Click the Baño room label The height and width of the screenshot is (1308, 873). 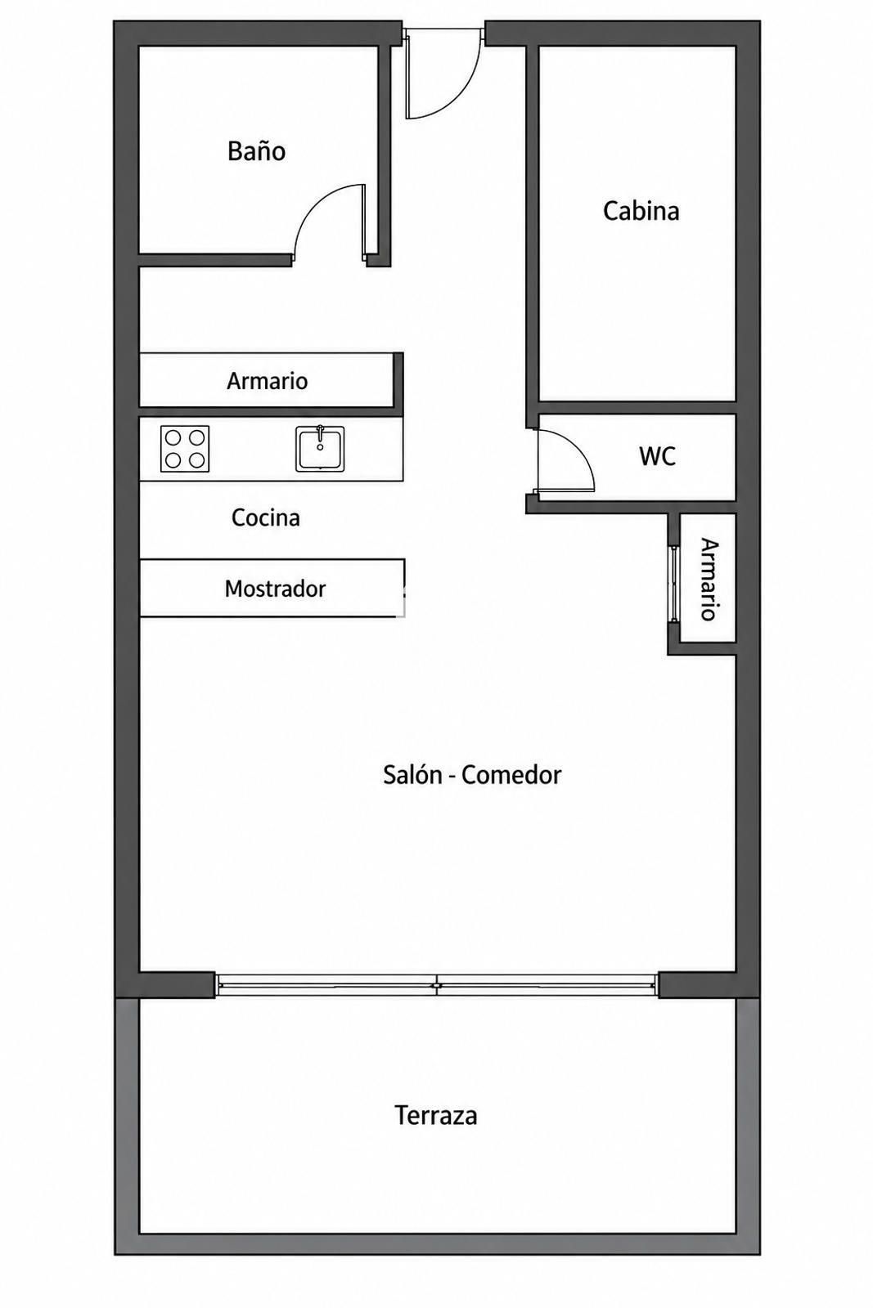(x=256, y=150)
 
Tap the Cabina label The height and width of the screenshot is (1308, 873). (x=641, y=211)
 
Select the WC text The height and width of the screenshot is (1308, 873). (x=657, y=456)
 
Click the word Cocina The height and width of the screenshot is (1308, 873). (x=266, y=517)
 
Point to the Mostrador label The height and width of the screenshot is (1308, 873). (x=275, y=588)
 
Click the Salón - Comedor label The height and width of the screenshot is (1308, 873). (x=472, y=775)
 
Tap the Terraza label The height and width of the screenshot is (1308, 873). (x=436, y=1115)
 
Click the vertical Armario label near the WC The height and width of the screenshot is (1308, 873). (x=709, y=580)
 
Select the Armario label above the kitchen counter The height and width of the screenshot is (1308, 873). (x=267, y=381)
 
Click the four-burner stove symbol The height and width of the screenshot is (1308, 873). (x=185, y=449)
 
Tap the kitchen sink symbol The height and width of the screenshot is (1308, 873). (x=320, y=449)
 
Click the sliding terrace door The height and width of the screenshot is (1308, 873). (x=437, y=984)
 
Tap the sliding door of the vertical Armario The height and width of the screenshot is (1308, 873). (x=673, y=583)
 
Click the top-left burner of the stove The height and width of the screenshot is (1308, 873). (x=173, y=437)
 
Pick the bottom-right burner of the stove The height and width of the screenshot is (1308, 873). (x=197, y=460)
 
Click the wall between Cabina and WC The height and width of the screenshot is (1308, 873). (x=637, y=408)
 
